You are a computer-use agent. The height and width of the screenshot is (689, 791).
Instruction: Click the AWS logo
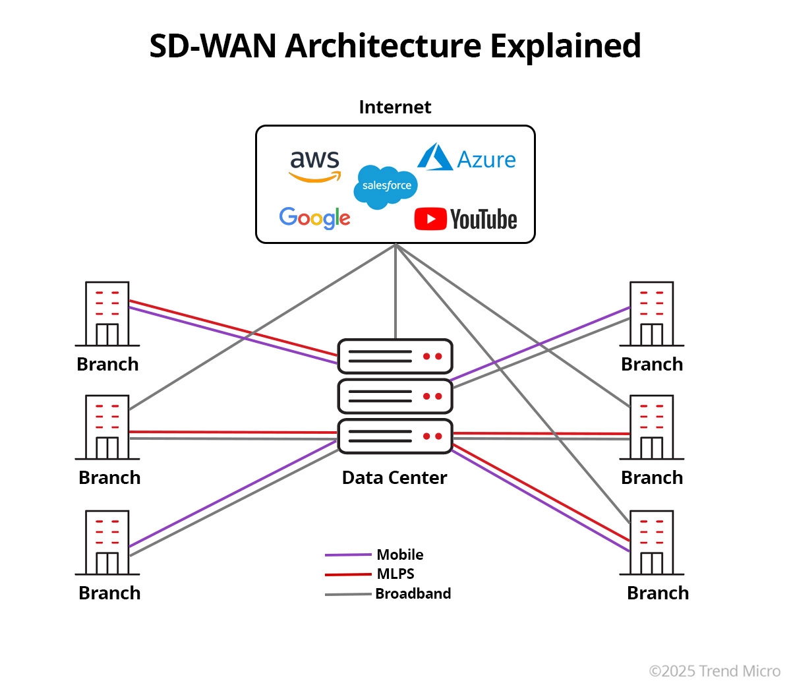(x=315, y=165)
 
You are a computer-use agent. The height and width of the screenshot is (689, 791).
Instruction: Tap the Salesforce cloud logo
(x=386, y=187)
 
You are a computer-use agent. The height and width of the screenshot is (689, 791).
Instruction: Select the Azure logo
(x=467, y=158)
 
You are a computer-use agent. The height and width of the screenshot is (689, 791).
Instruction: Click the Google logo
(x=314, y=218)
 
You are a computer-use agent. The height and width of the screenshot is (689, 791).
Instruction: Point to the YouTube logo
(x=465, y=219)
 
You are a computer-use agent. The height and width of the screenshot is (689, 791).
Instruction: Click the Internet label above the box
(x=395, y=107)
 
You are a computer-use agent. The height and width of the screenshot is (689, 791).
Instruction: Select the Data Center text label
(x=394, y=477)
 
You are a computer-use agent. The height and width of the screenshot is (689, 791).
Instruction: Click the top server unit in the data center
(x=395, y=357)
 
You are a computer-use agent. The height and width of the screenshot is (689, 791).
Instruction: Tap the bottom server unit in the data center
(x=395, y=436)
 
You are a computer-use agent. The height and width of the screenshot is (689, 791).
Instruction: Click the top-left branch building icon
(x=107, y=314)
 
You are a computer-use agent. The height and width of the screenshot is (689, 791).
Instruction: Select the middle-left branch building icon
(x=107, y=427)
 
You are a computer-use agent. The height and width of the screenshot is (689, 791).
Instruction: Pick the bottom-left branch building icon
(x=107, y=543)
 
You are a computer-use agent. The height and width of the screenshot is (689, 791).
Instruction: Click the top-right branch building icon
(x=652, y=314)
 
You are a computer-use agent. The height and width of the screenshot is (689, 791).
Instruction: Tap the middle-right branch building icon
(x=652, y=427)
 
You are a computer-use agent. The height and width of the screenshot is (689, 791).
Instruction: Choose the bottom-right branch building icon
(x=652, y=543)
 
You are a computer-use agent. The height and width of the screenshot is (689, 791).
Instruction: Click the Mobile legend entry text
(x=399, y=554)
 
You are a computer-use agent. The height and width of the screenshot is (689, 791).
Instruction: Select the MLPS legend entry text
(x=395, y=574)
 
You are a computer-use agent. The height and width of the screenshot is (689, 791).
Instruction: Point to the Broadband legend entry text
(x=413, y=593)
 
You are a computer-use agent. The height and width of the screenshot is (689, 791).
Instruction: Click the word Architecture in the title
(x=383, y=46)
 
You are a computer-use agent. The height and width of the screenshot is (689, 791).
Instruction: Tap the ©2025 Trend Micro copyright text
(x=715, y=671)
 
